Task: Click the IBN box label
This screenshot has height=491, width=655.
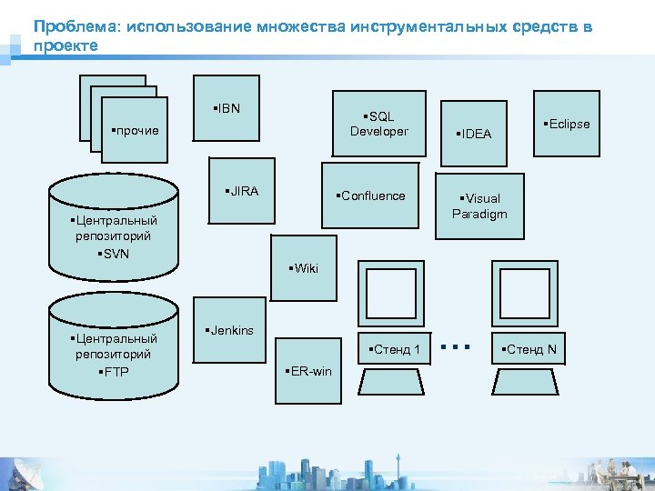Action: coord(227,109)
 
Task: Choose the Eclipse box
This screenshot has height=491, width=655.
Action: coord(567,124)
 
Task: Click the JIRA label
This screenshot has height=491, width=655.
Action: coord(243,191)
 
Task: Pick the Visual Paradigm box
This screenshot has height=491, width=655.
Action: coord(479,205)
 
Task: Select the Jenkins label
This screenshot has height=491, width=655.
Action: coord(230,330)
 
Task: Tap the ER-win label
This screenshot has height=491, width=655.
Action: coord(309,371)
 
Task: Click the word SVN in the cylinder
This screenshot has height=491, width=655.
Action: coord(115,252)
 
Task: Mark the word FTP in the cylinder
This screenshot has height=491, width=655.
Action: coord(115,371)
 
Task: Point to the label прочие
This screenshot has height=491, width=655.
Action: coord(135,130)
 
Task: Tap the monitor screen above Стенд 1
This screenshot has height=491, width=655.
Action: coord(391,296)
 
